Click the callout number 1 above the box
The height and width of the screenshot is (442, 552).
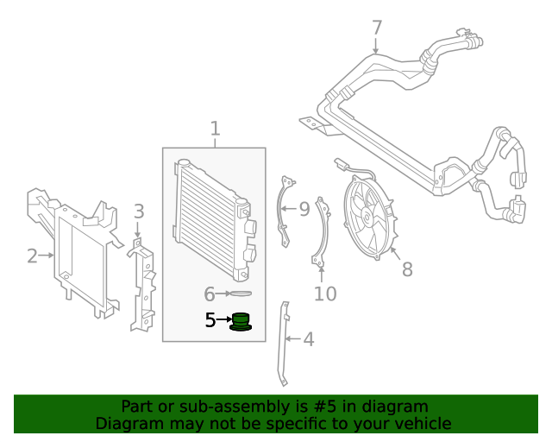[x=215, y=129]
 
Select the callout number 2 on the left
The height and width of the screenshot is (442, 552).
[x=32, y=256]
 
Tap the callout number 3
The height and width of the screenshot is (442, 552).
[x=138, y=212]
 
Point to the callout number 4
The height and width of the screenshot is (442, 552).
[x=308, y=339]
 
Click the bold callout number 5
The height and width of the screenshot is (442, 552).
[x=210, y=320]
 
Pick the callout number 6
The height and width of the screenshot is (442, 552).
[x=210, y=294]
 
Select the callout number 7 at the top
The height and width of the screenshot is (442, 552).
[x=377, y=28]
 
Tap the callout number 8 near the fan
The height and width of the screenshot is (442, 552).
[x=407, y=269]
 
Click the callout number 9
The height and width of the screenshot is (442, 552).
[x=304, y=209]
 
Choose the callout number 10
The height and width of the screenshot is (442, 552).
[x=324, y=294]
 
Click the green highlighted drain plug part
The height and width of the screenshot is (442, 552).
[x=241, y=321]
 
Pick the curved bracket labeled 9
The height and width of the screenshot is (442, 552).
[x=283, y=212]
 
